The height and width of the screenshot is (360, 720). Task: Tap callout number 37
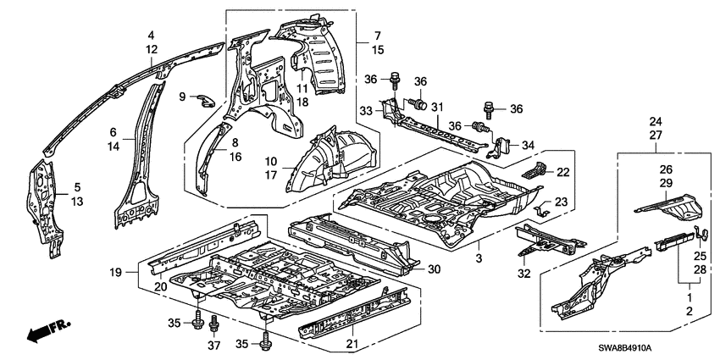click(213, 347)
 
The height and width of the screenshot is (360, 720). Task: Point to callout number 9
click(181, 97)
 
